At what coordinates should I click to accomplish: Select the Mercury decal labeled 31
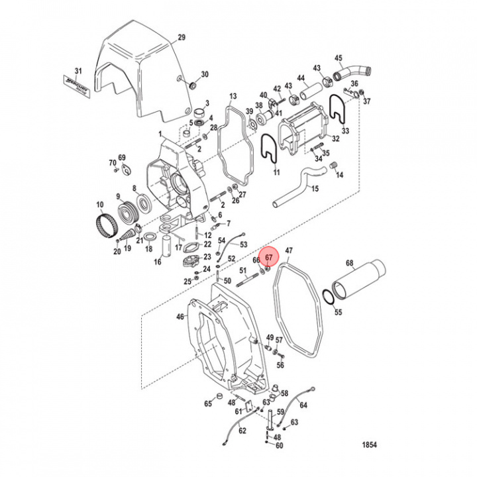coord(79,87)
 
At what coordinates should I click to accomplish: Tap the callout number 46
coord(180,317)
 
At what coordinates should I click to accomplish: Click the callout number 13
coord(232,97)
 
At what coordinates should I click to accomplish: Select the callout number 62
coord(242,431)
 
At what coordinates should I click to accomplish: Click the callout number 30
coord(205,74)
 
